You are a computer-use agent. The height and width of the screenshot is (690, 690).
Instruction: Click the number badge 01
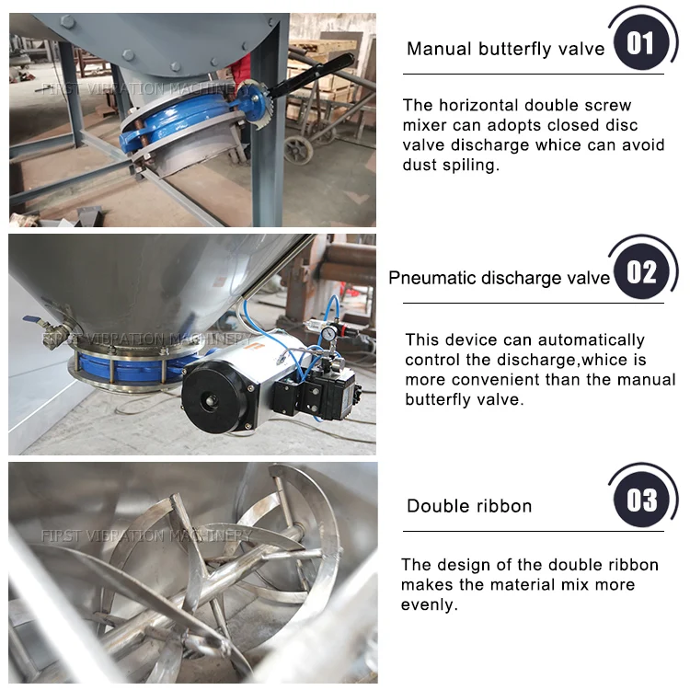640,43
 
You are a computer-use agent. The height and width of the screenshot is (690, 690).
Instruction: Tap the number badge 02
640,271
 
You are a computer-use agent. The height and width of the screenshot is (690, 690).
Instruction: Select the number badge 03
640,500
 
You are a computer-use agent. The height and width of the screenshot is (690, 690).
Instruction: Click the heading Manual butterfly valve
506,49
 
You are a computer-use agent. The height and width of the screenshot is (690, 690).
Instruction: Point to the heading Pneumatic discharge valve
499,278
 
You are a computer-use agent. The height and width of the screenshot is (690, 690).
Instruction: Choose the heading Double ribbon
469,506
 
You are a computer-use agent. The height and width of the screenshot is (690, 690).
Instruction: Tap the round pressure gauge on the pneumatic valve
328,333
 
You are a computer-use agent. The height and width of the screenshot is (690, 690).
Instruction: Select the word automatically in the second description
591,340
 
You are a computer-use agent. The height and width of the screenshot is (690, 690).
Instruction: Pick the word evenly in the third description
429,605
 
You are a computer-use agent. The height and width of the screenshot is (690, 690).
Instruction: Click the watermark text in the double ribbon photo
146,535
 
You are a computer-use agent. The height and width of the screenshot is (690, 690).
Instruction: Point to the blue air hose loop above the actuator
325,316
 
